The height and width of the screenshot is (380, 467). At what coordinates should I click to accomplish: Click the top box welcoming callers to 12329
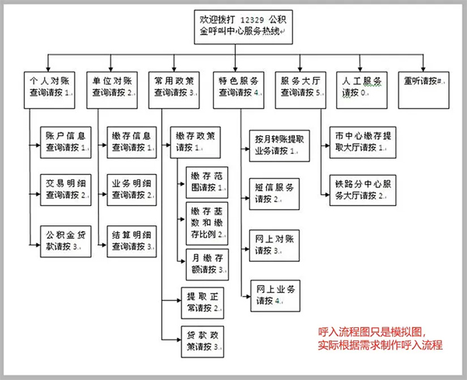(x=242, y=26)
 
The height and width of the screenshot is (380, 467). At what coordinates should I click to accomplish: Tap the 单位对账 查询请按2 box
(x=113, y=86)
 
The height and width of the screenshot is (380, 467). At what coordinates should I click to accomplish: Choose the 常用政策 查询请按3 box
(x=175, y=86)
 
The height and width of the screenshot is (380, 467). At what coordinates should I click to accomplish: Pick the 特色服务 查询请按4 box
(x=239, y=86)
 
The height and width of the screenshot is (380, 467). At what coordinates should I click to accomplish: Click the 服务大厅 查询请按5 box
(x=301, y=86)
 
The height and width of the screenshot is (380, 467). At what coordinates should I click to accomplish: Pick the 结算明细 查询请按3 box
(x=131, y=240)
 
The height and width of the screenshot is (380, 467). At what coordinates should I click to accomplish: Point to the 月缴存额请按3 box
(x=206, y=263)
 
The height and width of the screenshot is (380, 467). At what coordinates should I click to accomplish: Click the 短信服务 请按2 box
(x=274, y=193)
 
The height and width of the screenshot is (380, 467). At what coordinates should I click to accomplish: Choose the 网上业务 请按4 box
(x=274, y=295)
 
